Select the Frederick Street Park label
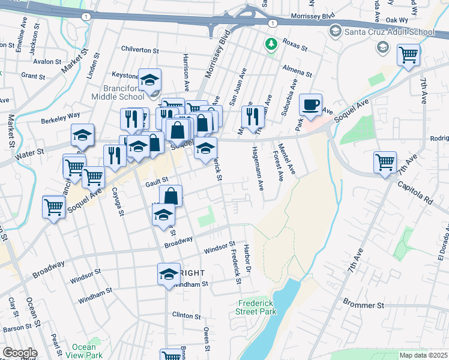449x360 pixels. coord(256,307)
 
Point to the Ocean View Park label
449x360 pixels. coord(83,351)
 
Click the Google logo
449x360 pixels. coord(19,353)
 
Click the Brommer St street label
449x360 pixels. coord(363,305)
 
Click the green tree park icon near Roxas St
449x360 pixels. coord(271,44)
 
